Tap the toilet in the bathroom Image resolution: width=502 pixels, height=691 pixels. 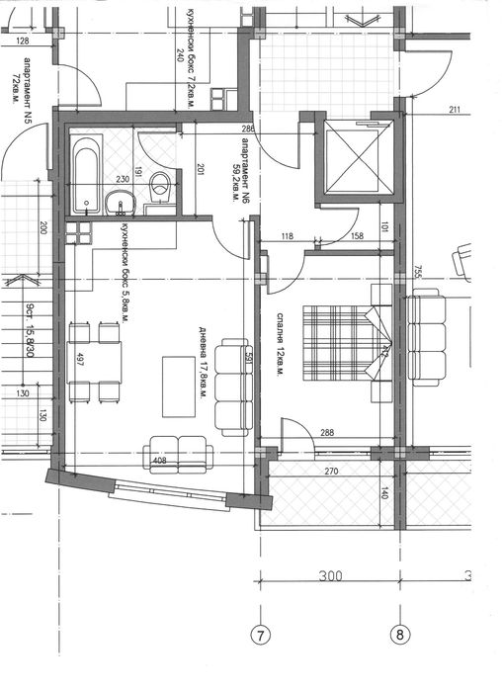coord(163,186)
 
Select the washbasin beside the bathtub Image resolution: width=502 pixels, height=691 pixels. coord(122,204)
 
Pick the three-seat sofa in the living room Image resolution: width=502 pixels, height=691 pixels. coord(234,387)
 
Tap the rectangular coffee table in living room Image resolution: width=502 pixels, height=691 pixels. coord(179,387)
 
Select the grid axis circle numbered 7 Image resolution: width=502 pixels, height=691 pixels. coord(261,635)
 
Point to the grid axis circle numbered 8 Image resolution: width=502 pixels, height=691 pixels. coord(401,635)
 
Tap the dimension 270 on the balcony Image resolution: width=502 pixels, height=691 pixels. coord(331,473)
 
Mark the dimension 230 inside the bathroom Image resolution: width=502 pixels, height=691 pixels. coord(123,179)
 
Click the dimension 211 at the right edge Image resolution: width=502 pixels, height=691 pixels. coord(454,110)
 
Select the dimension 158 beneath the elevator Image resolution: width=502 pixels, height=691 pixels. coord(358,236)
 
